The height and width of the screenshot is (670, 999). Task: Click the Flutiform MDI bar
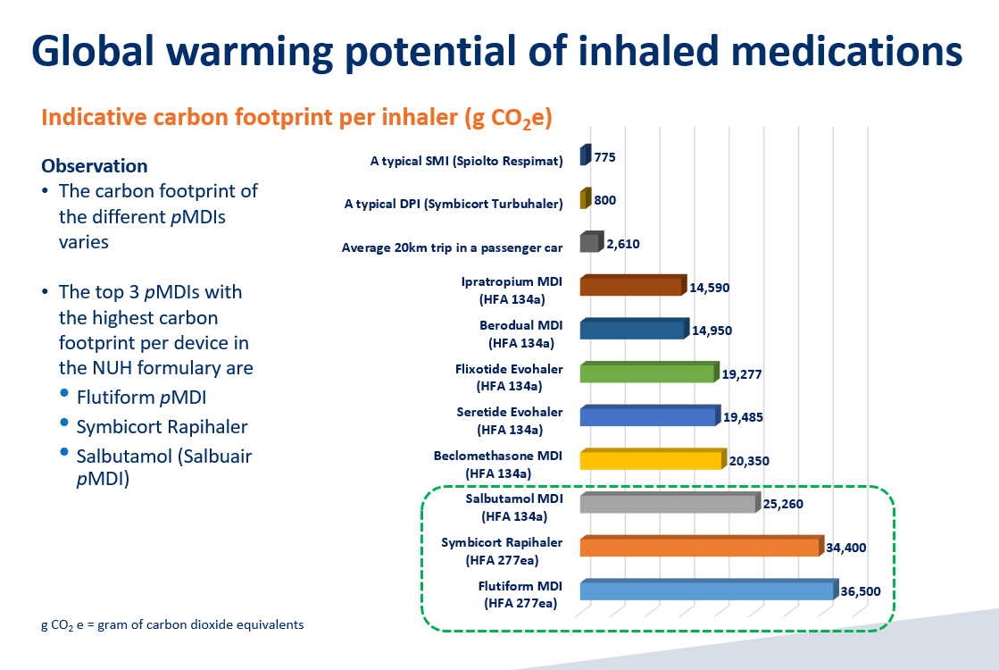707,590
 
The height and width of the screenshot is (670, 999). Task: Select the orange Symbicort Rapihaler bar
699,547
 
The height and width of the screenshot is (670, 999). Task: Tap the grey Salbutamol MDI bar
668,504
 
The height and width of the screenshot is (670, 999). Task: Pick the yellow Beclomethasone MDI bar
650,460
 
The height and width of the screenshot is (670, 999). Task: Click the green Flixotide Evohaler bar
647,373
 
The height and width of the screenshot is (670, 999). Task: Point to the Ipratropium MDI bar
630,286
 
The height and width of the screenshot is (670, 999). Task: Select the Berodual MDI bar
631,330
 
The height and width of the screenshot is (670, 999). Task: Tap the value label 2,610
622,244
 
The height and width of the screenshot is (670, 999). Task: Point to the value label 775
604,157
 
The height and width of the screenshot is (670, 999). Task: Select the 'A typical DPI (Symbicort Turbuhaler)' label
454,204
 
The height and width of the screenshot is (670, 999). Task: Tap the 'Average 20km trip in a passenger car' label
452,247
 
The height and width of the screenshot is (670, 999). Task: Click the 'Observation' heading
95,166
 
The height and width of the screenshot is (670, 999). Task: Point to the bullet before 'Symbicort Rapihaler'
63,423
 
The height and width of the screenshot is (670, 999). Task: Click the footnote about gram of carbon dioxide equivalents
172,624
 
